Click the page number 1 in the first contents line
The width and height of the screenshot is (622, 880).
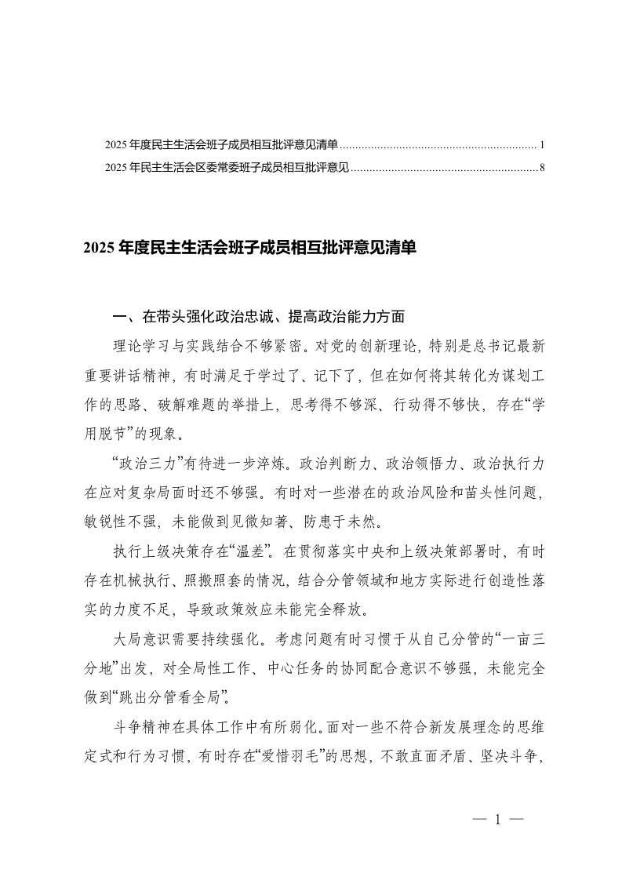pyautogui.click(x=542, y=146)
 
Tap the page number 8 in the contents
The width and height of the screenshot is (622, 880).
pyautogui.click(x=542, y=167)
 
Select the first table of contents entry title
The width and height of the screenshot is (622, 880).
pyautogui.click(x=222, y=146)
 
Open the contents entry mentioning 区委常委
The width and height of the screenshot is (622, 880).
pyautogui.click(x=227, y=167)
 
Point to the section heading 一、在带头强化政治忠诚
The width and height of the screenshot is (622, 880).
pyautogui.click(x=259, y=318)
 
